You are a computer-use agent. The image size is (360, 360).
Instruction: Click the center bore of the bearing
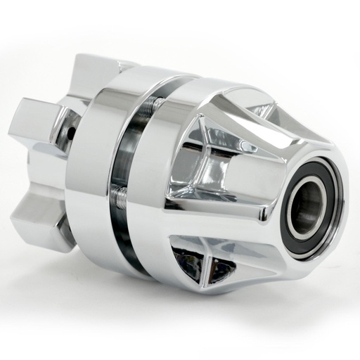point(306,204)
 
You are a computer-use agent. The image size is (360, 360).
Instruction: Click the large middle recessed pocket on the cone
point(211,169)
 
